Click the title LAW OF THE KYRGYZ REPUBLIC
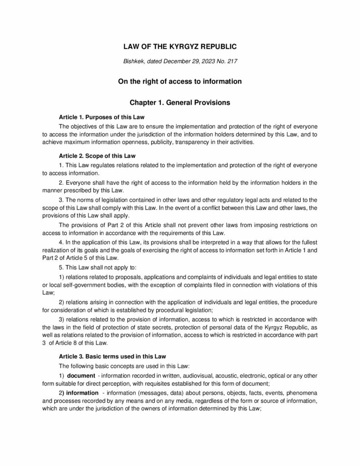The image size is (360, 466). point(180,47)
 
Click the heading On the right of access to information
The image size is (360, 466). point(180,81)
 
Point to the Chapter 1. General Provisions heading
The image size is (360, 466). point(180,103)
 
